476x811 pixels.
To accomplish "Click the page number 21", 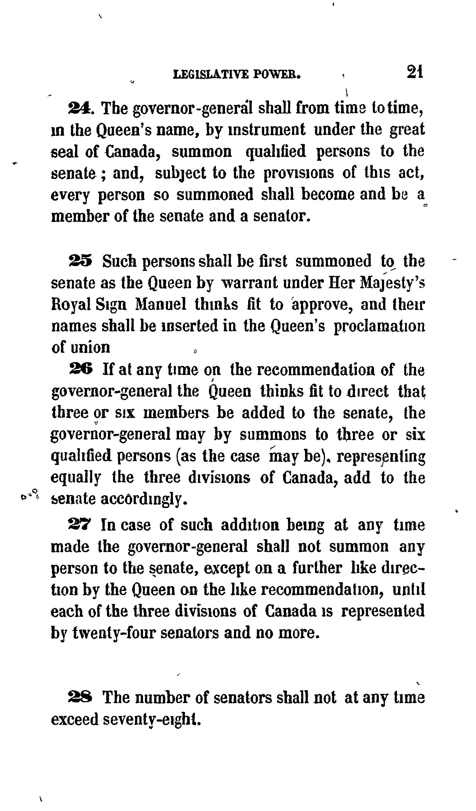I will point(415,72).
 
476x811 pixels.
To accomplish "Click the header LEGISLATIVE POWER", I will point(237,75).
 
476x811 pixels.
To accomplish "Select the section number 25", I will point(81,261).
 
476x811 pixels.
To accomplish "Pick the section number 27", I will point(80,525).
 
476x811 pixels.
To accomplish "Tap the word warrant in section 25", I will point(250,283).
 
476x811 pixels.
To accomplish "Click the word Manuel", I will point(161,304).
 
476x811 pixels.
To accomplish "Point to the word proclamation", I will point(379,326).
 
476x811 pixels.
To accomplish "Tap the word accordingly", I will point(144,499).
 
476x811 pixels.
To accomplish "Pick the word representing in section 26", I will point(381,456).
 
